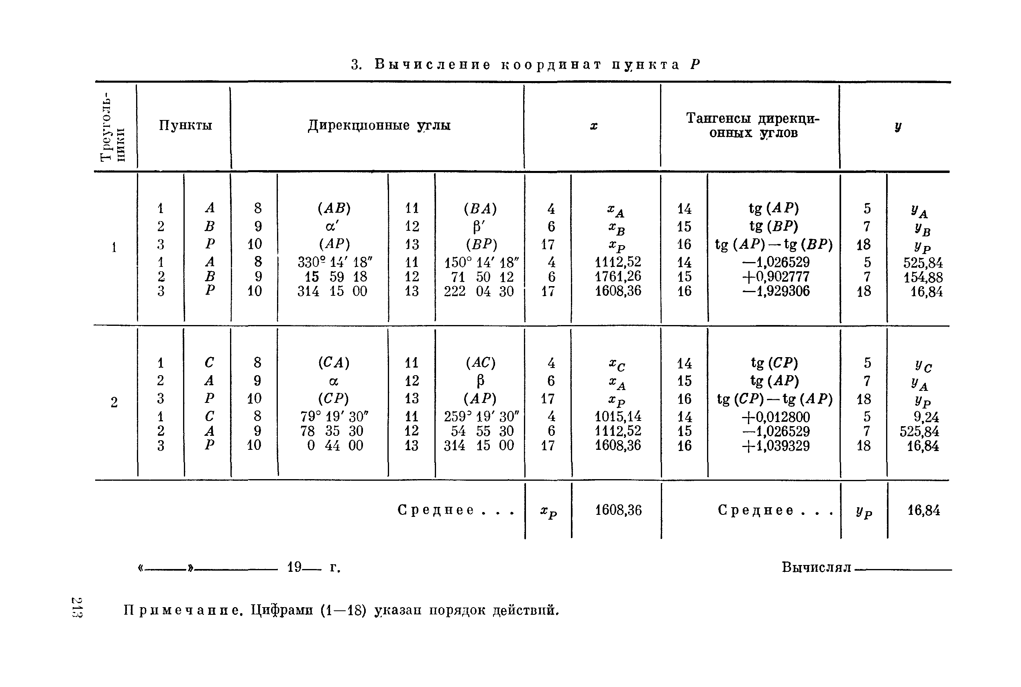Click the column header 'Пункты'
[185, 126]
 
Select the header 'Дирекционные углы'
[379, 126]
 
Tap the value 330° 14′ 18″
[335, 262]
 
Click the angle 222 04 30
[479, 291]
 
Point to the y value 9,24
[926, 417]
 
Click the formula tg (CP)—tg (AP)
[774, 399]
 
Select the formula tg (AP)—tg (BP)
[774, 244]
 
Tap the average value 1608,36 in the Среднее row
[618, 510]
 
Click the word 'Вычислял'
[816, 567]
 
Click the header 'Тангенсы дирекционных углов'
[752, 125]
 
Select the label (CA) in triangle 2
[334, 363]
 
